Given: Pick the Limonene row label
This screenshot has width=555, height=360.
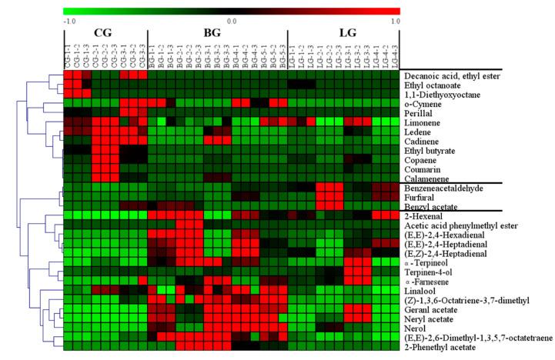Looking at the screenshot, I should (421, 122).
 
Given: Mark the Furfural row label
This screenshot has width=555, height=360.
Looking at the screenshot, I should (419, 198).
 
